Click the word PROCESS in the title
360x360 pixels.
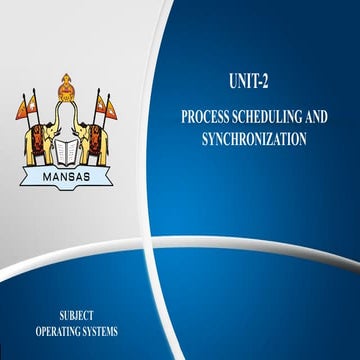click(x=207, y=117)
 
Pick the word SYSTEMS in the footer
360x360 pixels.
click(x=101, y=330)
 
